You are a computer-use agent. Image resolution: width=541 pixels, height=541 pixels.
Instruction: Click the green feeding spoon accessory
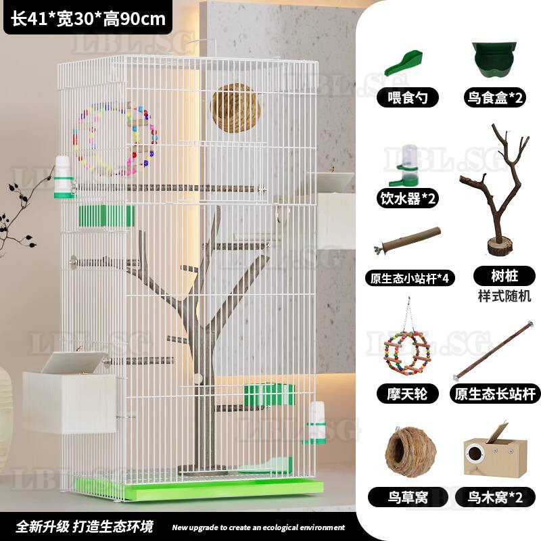click(404, 63)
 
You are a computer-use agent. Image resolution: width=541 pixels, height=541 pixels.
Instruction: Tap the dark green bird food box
click(495, 60)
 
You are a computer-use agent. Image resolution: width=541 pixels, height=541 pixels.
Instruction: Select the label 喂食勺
click(408, 97)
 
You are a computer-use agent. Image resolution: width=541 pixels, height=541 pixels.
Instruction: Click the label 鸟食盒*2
click(495, 97)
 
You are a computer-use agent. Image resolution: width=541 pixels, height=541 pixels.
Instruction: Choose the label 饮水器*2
click(408, 198)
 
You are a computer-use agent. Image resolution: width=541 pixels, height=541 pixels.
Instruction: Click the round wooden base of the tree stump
click(500, 245)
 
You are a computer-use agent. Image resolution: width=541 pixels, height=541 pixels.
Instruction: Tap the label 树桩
click(504, 276)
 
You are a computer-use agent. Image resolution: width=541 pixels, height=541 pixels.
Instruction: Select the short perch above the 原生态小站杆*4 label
click(408, 240)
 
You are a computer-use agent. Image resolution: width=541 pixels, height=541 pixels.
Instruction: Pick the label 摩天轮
click(407, 394)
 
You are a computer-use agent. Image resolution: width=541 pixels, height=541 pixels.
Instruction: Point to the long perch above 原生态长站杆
click(494, 350)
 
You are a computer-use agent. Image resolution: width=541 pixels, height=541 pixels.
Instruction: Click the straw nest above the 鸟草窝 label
click(410, 450)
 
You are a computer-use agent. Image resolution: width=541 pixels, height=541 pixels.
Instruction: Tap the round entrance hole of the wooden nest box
click(475, 452)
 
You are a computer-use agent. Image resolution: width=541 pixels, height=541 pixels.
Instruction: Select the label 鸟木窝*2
click(495, 497)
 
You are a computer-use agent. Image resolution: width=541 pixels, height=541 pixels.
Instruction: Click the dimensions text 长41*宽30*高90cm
click(89, 18)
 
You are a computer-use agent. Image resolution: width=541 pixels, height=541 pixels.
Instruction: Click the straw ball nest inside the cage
click(235, 108)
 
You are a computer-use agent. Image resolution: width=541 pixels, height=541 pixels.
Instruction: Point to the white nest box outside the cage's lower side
click(70, 394)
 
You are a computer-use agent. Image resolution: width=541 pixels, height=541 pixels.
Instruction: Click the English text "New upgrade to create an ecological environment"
click(258, 527)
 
